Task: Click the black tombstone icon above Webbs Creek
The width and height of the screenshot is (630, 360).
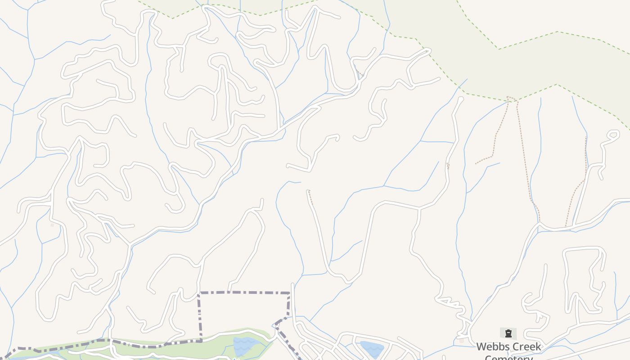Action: click(x=508, y=333)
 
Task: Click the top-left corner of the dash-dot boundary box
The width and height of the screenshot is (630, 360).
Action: click(x=199, y=293)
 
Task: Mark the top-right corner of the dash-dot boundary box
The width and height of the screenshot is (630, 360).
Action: click(x=289, y=293)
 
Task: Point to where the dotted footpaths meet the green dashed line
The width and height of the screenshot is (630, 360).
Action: click(x=508, y=97)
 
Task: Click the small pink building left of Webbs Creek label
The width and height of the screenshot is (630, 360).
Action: click(x=461, y=341)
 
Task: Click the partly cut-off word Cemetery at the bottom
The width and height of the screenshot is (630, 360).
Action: click(x=508, y=357)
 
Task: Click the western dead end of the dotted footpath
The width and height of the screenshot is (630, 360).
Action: click(x=476, y=163)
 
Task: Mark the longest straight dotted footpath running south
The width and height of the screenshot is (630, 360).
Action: click(x=524, y=157)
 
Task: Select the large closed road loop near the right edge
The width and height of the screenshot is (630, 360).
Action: click(x=583, y=279)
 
